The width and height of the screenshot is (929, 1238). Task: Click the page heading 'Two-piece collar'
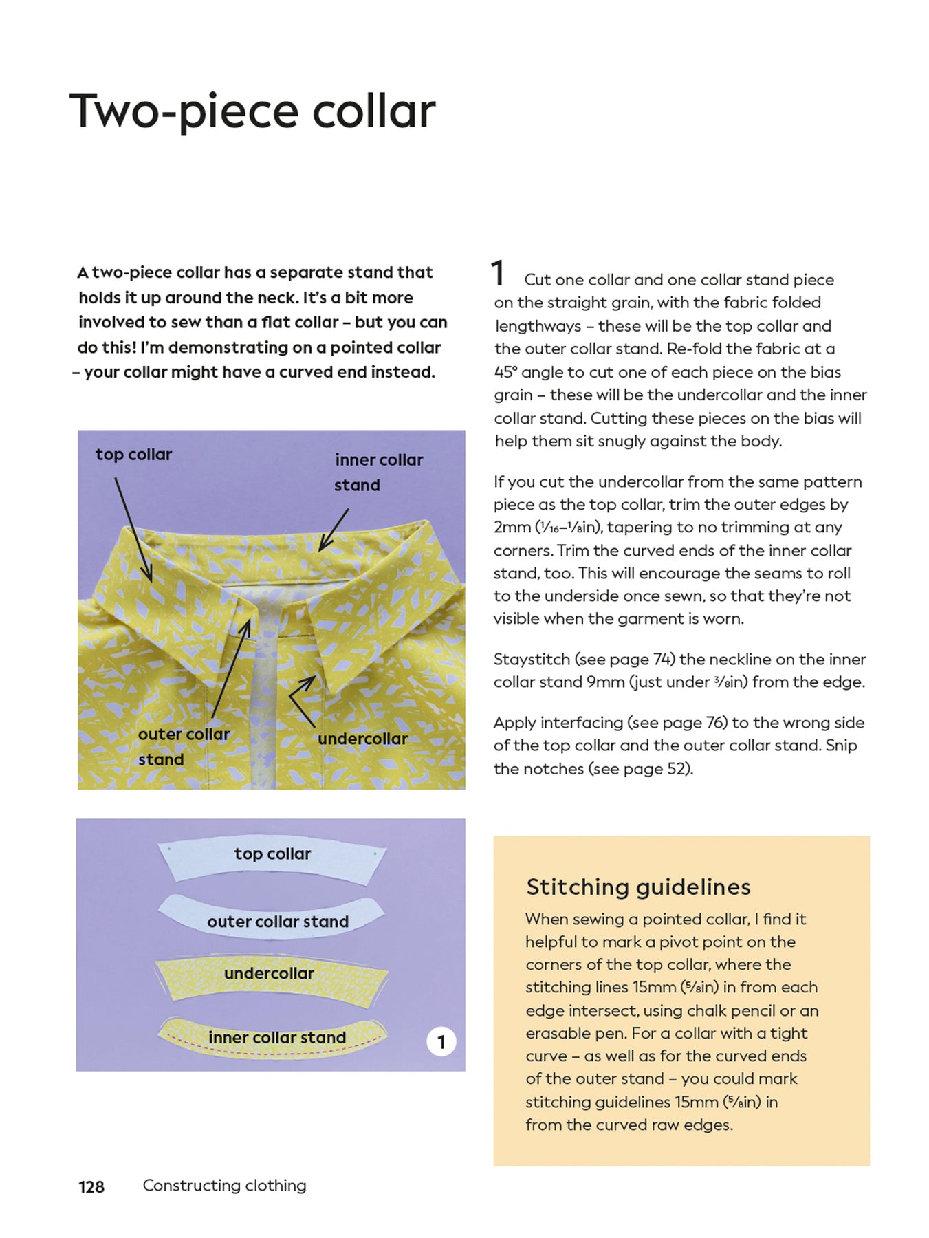tap(252, 111)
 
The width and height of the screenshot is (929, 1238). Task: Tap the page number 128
tap(91, 1186)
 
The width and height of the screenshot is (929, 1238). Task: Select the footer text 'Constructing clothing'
tap(224, 1185)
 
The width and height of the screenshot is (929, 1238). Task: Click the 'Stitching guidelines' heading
tap(638, 887)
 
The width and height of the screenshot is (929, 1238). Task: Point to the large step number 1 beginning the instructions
tap(499, 273)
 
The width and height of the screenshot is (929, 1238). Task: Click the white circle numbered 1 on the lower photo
tap(441, 1042)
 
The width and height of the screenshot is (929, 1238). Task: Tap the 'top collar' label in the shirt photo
tap(133, 455)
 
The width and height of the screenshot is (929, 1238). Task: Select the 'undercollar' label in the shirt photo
tap(362, 739)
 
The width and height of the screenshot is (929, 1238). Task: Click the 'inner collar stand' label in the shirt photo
tap(378, 472)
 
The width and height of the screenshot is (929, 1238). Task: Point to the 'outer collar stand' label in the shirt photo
tap(184, 747)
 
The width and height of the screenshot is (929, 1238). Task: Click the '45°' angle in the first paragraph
tap(505, 372)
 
